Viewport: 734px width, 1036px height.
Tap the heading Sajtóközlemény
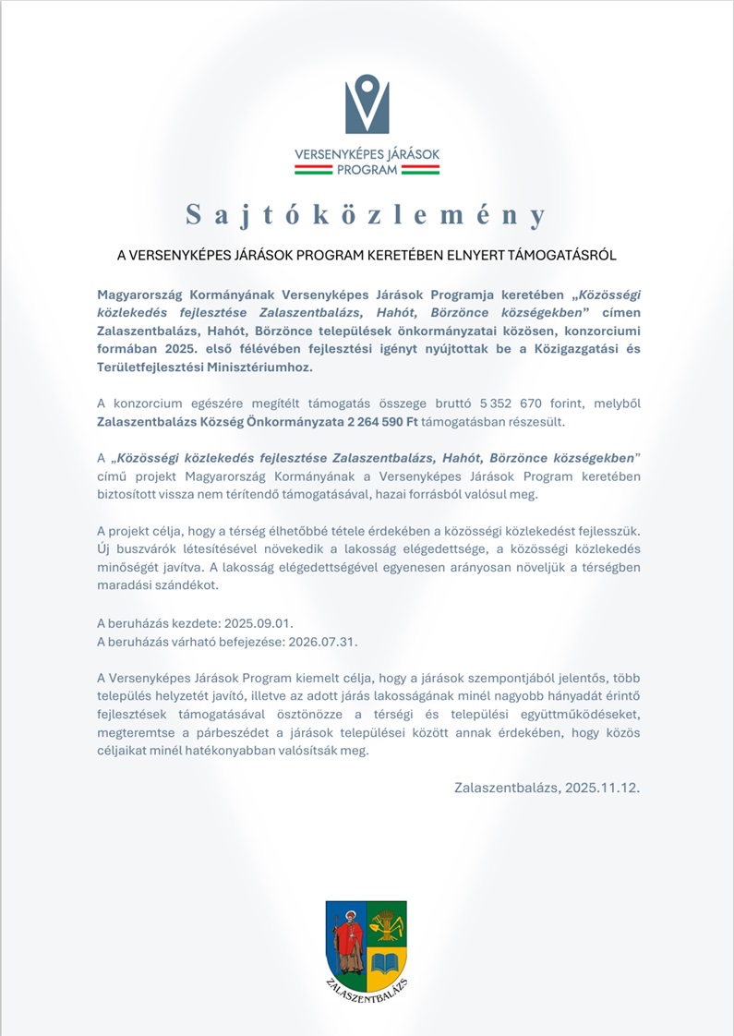pyautogui.click(x=367, y=215)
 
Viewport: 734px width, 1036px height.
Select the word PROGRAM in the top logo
pyautogui.click(x=367, y=170)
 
